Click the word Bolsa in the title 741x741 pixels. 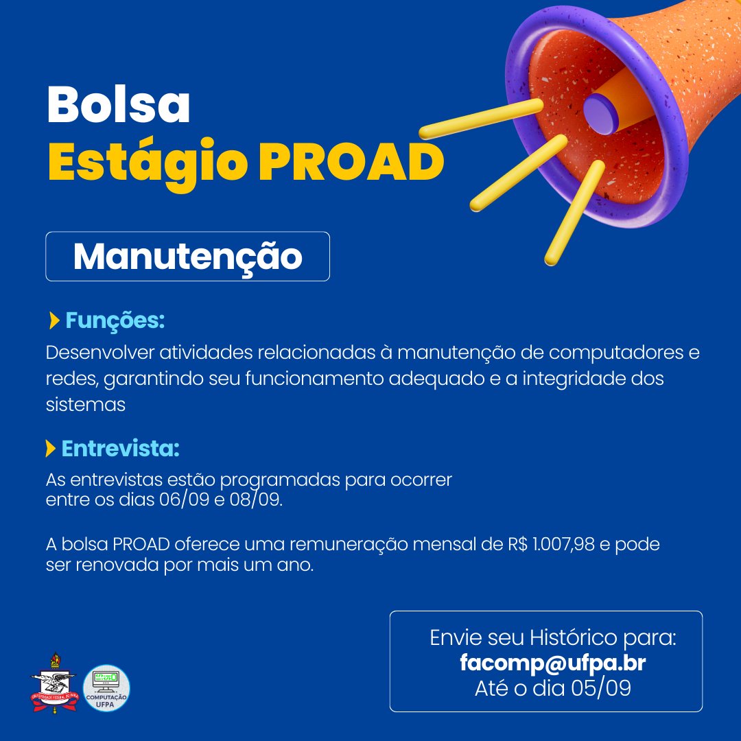[118, 105]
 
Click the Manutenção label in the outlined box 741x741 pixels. [187, 256]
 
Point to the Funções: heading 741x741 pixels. [115, 320]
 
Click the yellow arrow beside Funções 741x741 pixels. [55, 320]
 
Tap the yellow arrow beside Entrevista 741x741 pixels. [50, 449]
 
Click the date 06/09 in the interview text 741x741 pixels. [185, 499]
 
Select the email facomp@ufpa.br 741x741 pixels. [553, 663]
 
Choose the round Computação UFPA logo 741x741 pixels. [106, 687]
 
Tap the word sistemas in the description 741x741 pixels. [85, 405]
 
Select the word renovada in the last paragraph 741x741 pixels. [110, 567]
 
